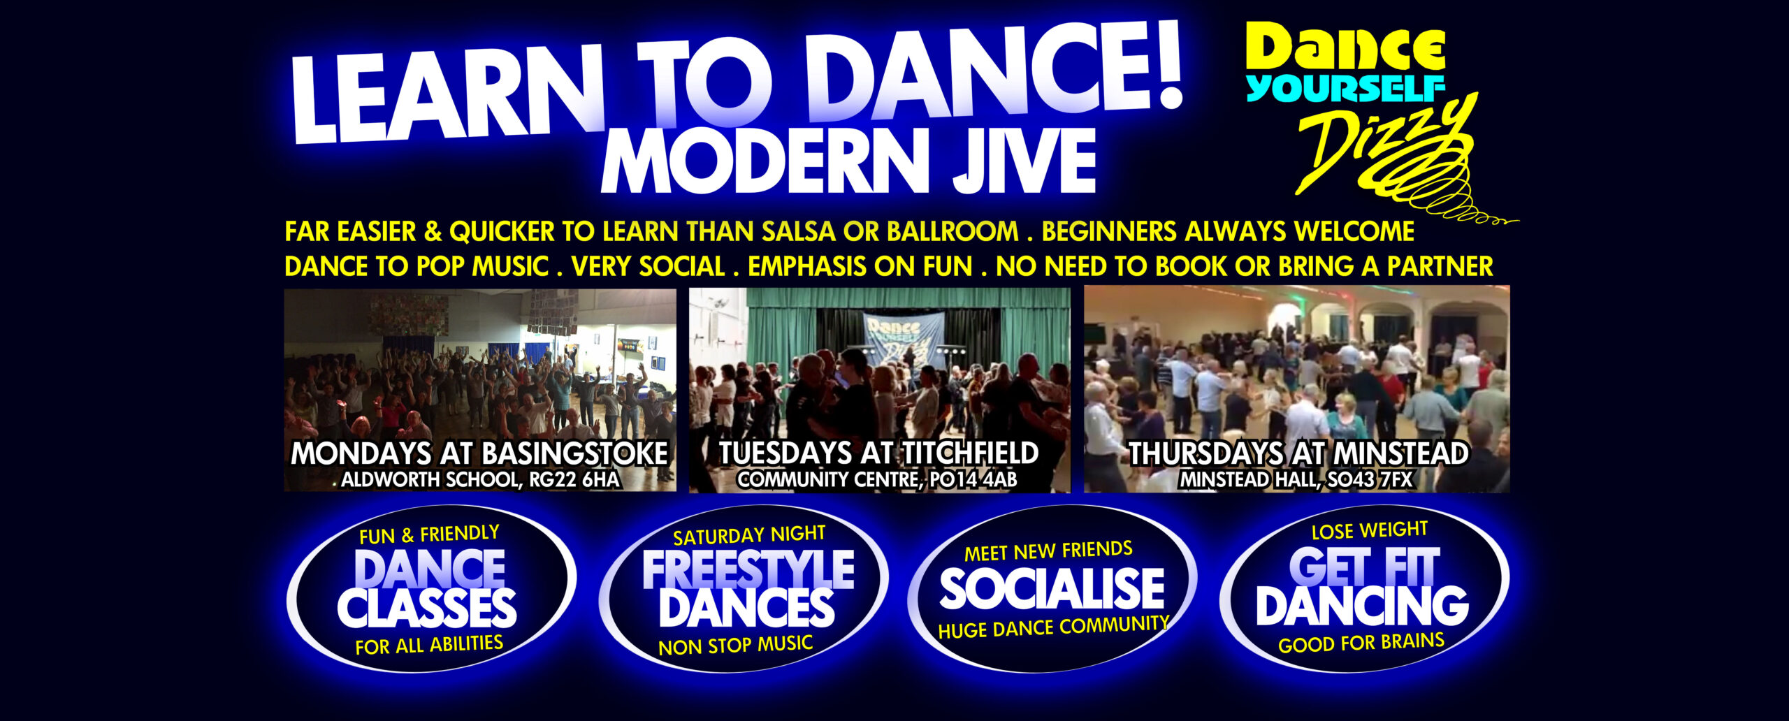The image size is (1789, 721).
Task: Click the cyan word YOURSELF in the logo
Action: tap(1346, 89)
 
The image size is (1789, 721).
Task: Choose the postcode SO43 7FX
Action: tap(1369, 480)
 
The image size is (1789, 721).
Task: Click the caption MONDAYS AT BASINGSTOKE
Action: tap(479, 454)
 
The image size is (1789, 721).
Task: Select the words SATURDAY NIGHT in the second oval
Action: tap(749, 536)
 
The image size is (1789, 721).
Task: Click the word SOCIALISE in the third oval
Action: tap(1052, 588)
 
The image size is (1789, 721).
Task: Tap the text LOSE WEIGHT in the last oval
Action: tap(1369, 531)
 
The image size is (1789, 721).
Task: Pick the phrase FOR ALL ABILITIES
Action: tap(429, 645)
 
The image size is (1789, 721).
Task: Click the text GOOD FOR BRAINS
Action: tap(1361, 643)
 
